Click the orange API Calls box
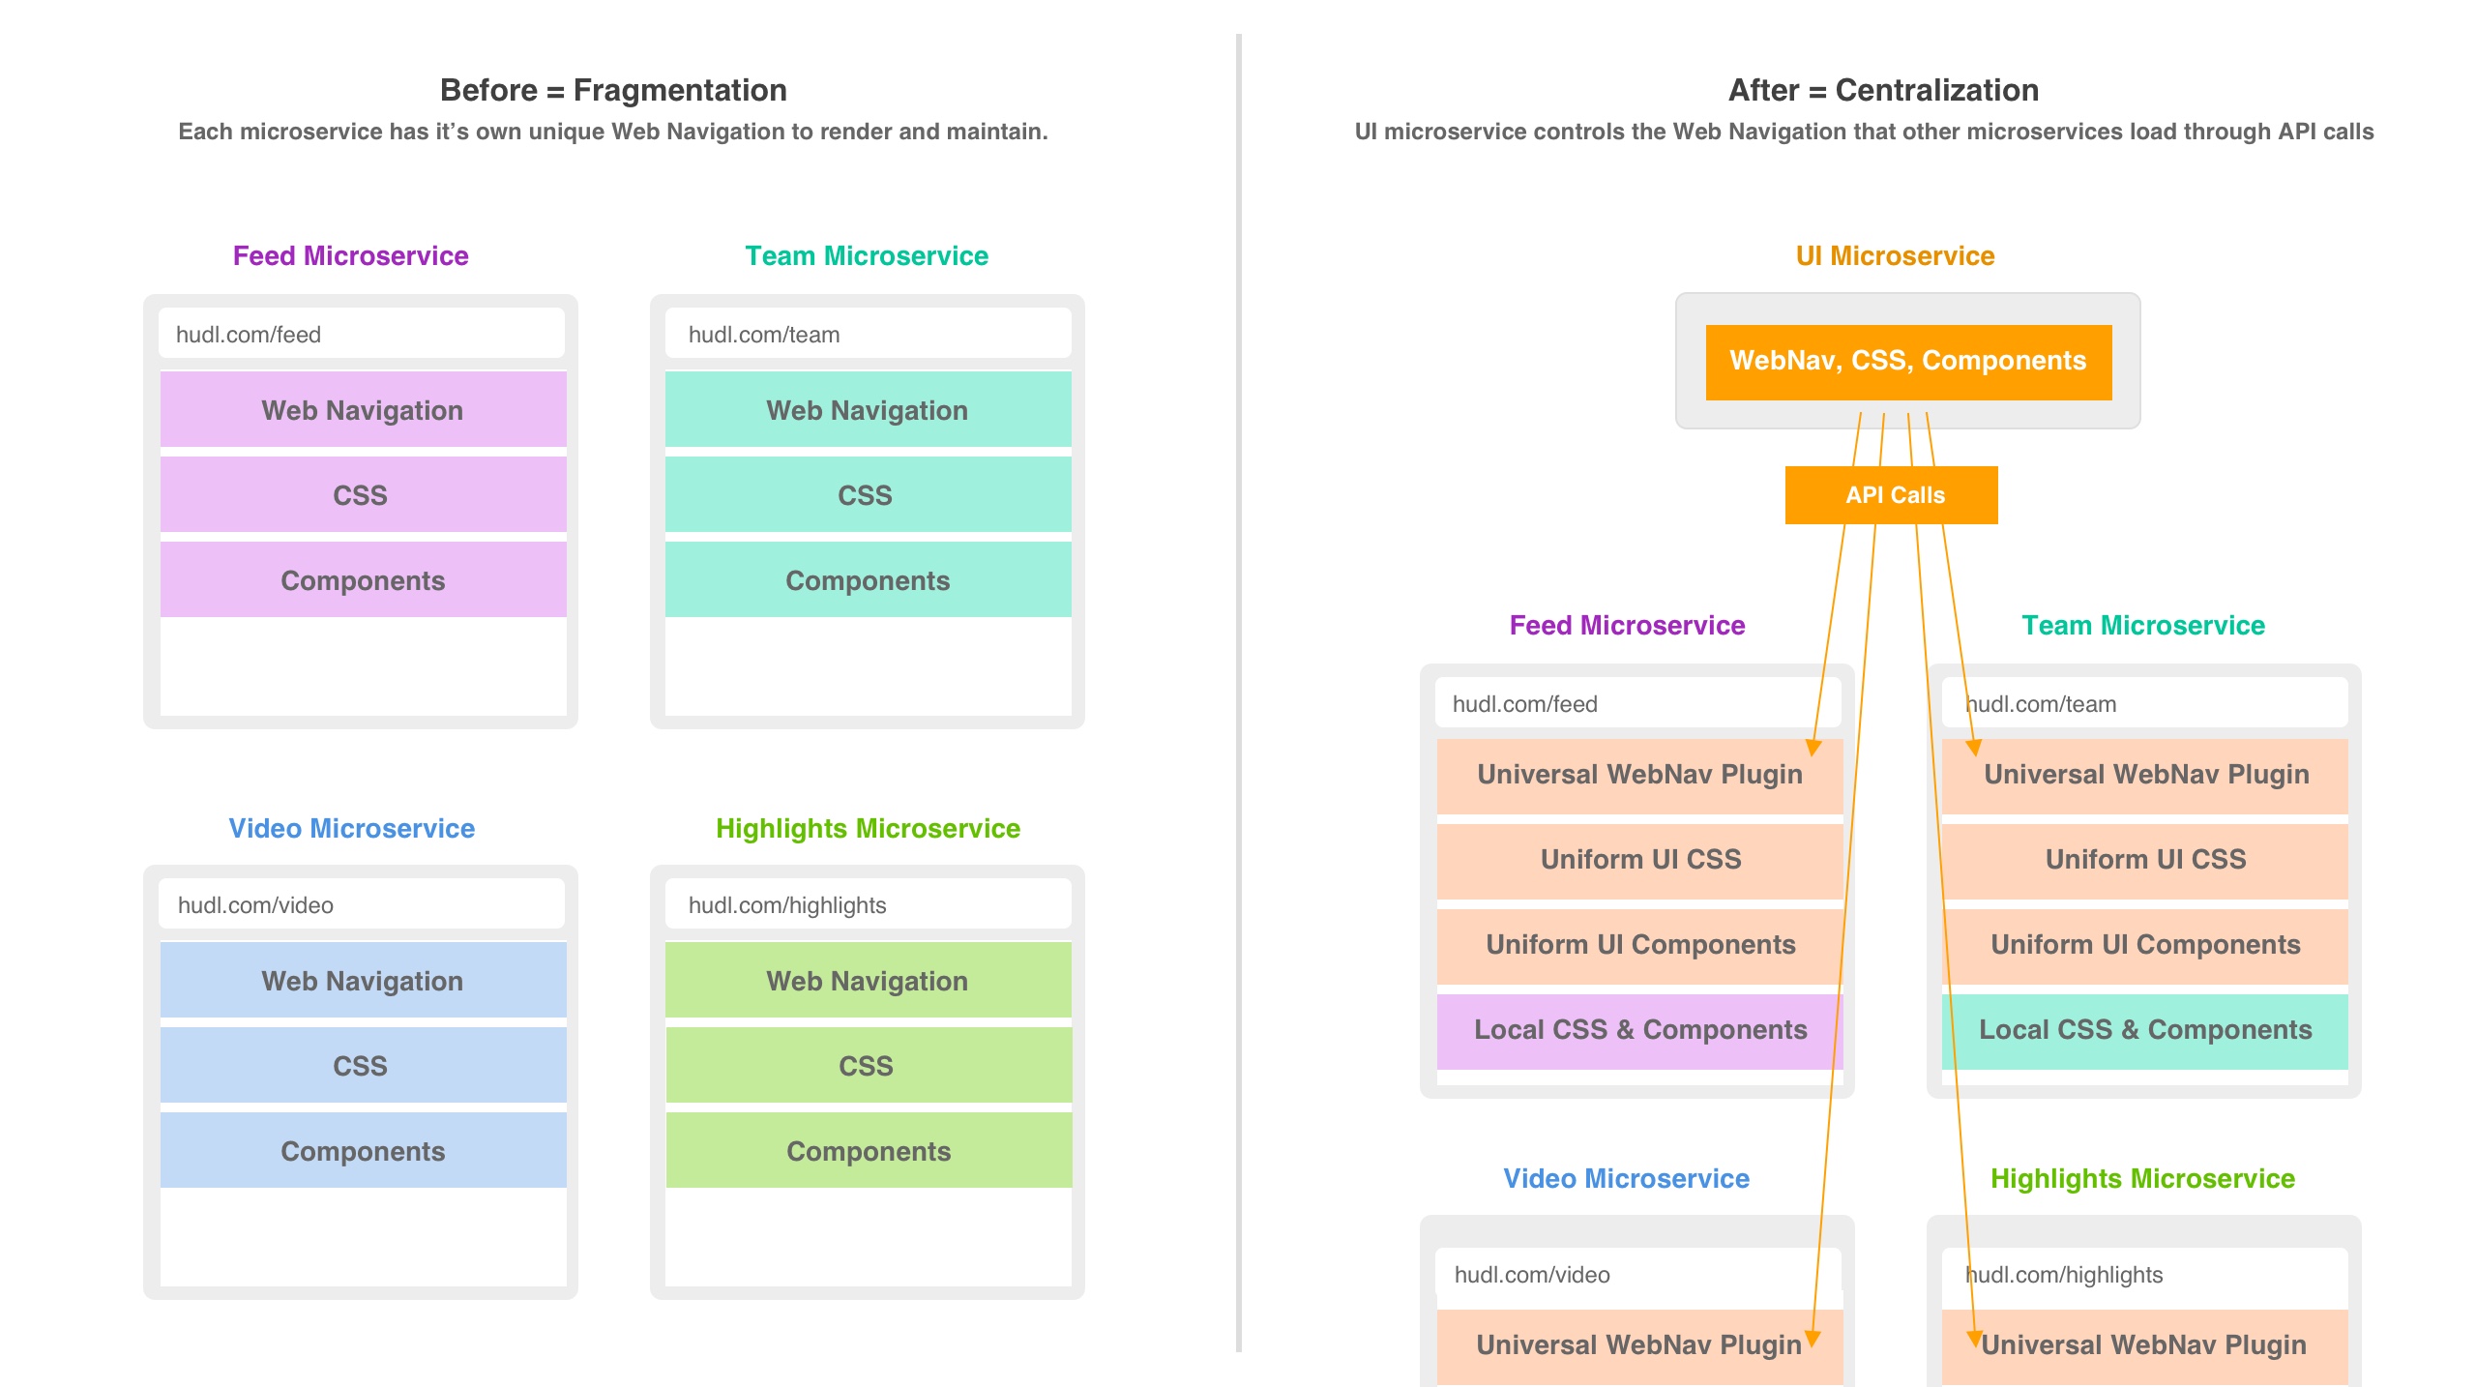[x=1891, y=495]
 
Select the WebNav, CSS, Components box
[x=1908, y=362]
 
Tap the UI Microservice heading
[x=1895, y=255]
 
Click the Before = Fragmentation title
[x=613, y=90]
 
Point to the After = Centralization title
[x=1883, y=90]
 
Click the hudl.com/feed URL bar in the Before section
[x=362, y=334]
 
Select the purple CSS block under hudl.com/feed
[x=364, y=494]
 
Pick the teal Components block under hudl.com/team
[x=869, y=579]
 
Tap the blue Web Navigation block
[x=364, y=980]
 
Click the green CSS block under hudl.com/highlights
[x=869, y=1065]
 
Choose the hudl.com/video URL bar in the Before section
[x=362, y=904]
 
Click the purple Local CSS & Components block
[x=1640, y=1031]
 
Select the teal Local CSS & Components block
[x=2145, y=1031]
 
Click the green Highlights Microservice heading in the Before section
[x=868, y=828]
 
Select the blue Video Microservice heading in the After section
[x=1626, y=1178]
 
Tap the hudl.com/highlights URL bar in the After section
[x=2145, y=1274]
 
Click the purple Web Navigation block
[x=364, y=409]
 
